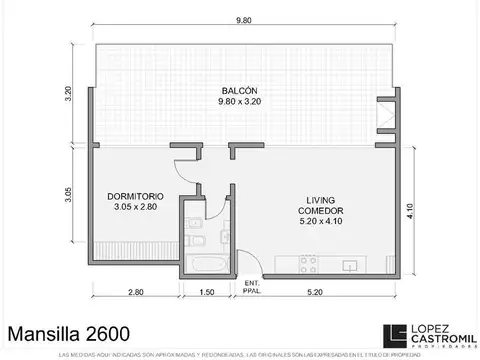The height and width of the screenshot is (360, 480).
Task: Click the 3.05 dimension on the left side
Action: click(x=71, y=193)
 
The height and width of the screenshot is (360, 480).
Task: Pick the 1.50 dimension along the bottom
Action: click(x=206, y=292)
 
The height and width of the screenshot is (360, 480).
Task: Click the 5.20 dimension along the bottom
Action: click(x=314, y=292)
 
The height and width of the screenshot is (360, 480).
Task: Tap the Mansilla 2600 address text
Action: click(x=68, y=330)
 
